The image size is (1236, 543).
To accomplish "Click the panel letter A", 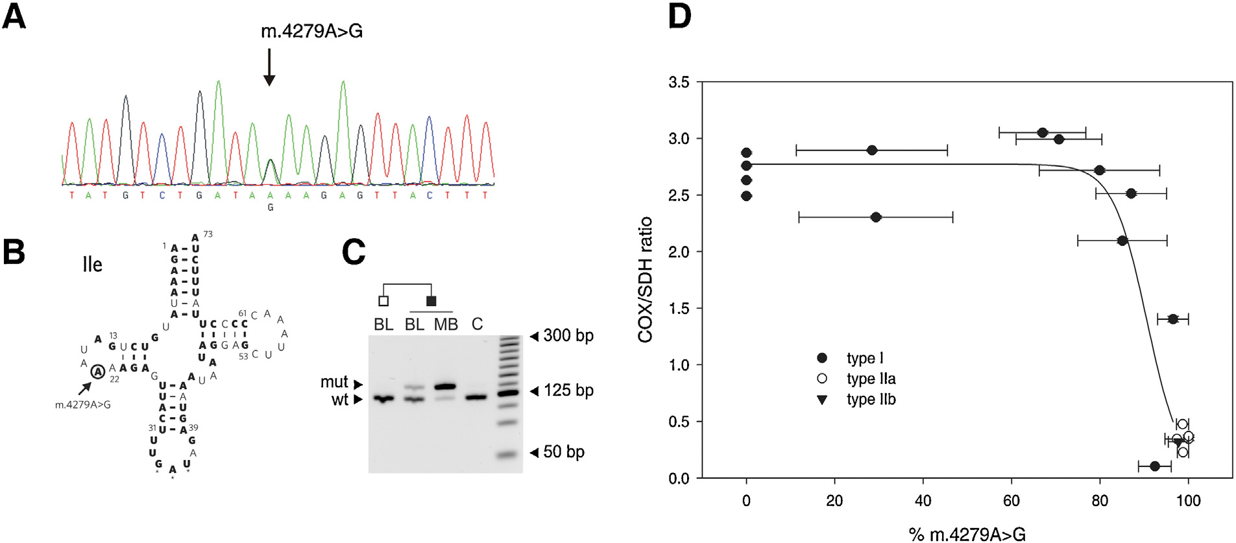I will [14, 16].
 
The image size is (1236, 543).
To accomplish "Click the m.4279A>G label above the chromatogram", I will [311, 31].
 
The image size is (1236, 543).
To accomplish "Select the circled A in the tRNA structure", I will [97, 372].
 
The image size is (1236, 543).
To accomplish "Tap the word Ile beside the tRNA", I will [92, 264].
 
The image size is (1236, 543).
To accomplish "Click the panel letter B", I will [14, 252].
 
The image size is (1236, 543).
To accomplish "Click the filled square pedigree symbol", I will [431, 301].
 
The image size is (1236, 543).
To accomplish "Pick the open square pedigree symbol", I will [383, 301].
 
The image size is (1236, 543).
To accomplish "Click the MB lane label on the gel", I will [446, 324].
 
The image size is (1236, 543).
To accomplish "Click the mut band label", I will [334, 383].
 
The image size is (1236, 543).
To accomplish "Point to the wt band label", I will [340, 400].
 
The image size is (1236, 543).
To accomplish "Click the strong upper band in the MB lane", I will [445, 387].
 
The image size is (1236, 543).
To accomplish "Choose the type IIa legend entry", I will [871, 379].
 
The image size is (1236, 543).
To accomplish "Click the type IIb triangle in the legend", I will [822, 400].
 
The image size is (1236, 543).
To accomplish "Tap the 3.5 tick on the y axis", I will [679, 82].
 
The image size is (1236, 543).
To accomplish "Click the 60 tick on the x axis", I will [1012, 501].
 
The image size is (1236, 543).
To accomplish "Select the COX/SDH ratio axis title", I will [645, 280].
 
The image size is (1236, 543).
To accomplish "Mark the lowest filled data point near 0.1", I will [1154, 466].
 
